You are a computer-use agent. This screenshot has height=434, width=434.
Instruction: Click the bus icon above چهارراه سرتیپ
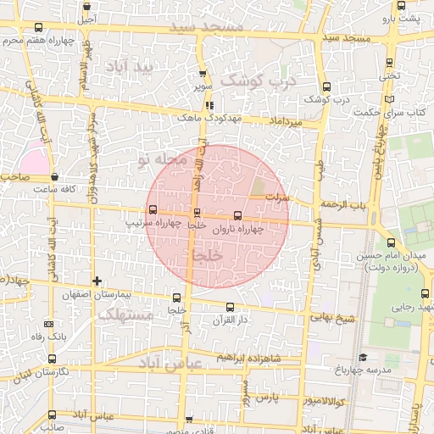coord(153,209)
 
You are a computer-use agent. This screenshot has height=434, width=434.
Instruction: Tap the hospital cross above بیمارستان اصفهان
coord(97,281)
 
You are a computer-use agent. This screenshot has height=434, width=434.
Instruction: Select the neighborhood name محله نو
coord(161,159)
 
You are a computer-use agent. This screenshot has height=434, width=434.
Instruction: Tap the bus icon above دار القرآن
coord(229,306)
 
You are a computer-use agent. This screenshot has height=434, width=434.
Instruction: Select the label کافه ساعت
coord(51,189)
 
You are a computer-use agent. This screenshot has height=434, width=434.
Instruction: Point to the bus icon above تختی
coord(389,62)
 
